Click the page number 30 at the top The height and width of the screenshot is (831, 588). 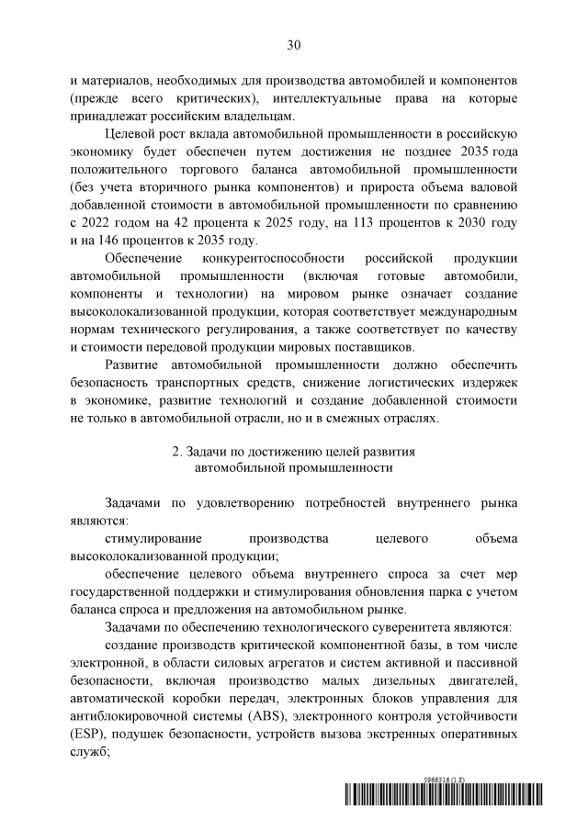(x=294, y=43)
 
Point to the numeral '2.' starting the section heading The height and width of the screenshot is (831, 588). (x=178, y=451)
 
